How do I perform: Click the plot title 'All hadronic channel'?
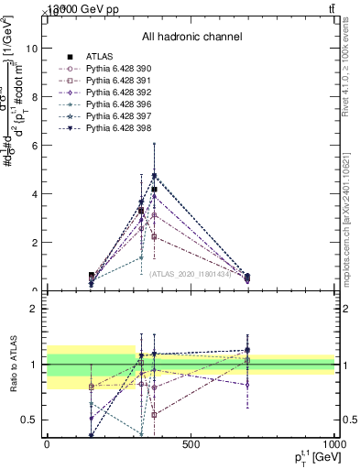click(191, 37)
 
